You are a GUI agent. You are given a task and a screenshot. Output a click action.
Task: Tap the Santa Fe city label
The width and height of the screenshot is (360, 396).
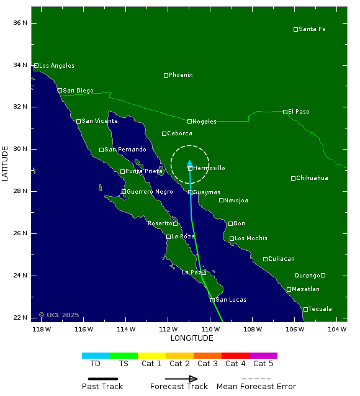coord(312,29)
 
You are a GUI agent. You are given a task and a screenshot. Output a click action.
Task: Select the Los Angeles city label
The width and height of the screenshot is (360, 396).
coord(56,66)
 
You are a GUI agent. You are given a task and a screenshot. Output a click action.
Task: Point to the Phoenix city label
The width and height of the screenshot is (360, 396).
coord(181,75)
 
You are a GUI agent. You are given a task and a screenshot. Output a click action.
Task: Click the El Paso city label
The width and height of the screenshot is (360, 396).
coord(299,112)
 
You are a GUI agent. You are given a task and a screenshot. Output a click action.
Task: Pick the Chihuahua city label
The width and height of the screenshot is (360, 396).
coord(312,178)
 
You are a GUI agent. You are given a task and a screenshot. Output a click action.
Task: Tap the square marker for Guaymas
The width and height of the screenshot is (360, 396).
coord(191,192)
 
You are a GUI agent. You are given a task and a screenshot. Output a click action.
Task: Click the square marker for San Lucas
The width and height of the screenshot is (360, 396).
coord(212,300)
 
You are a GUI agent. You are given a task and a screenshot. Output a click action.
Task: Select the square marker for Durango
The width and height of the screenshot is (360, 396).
coord(323,275)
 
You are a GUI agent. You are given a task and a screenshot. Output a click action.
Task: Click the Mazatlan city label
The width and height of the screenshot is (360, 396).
coord(306,289)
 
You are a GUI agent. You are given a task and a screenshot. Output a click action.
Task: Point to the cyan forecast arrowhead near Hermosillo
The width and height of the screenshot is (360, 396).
coord(190,163)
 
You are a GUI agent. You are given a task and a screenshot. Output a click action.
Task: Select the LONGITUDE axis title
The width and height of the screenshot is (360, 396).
coord(192,338)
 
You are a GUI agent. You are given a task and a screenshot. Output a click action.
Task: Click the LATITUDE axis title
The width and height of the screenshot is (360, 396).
coord(6,163)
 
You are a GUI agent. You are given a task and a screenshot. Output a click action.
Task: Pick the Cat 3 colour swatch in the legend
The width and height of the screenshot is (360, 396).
coord(207,356)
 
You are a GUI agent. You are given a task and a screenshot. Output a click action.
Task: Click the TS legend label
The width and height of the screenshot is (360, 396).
coord(124,364)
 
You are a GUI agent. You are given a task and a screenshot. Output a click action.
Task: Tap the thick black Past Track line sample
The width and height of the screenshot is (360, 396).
coord(102,379)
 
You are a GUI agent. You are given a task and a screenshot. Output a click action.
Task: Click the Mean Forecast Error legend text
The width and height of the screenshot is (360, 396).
coord(256,387)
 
